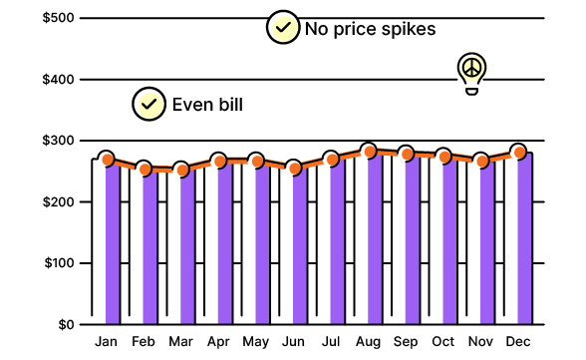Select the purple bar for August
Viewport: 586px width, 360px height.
(x=374, y=244)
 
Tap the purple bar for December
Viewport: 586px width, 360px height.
(x=524, y=244)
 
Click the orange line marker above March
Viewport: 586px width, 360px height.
(x=181, y=170)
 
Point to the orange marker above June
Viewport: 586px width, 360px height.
(x=293, y=168)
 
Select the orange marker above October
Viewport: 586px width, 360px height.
(x=444, y=156)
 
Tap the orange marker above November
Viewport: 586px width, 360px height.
(x=481, y=161)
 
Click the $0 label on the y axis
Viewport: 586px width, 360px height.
(x=64, y=325)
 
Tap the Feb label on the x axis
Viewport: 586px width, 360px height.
(x=143, y=342)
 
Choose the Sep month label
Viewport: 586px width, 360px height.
(x=406, y=342)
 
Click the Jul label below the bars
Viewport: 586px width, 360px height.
(x=331, y=342)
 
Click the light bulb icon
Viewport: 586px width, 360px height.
(x=471, y=72)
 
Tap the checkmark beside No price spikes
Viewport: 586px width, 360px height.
(x=283, y=28)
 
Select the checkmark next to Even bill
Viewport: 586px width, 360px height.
(x=149, y=103)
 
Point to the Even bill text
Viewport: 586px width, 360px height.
(x=207, y=104)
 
